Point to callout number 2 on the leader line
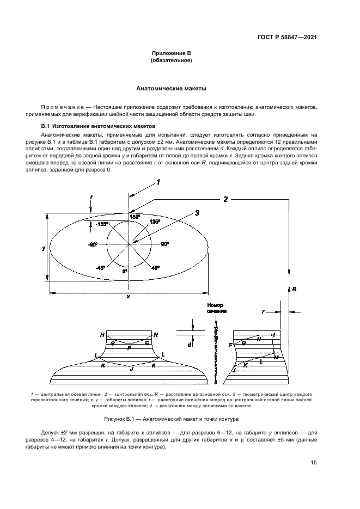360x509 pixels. coord(225,200)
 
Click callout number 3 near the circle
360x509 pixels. coord(198,212)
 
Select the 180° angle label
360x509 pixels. coord(135,217)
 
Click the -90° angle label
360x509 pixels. coord(93,244)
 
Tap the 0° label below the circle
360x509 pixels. coord(125,271)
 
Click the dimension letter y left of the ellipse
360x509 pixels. coord(44,248)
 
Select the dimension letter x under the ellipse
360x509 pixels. coord(127,297)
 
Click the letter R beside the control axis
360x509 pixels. coord(294,290)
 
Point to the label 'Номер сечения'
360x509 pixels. coord(216,309)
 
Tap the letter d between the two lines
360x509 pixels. coord(189,345)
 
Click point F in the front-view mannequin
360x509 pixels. coord(129,347)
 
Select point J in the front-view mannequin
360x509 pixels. coord(131,369)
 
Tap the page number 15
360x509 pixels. coord(314,463)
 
